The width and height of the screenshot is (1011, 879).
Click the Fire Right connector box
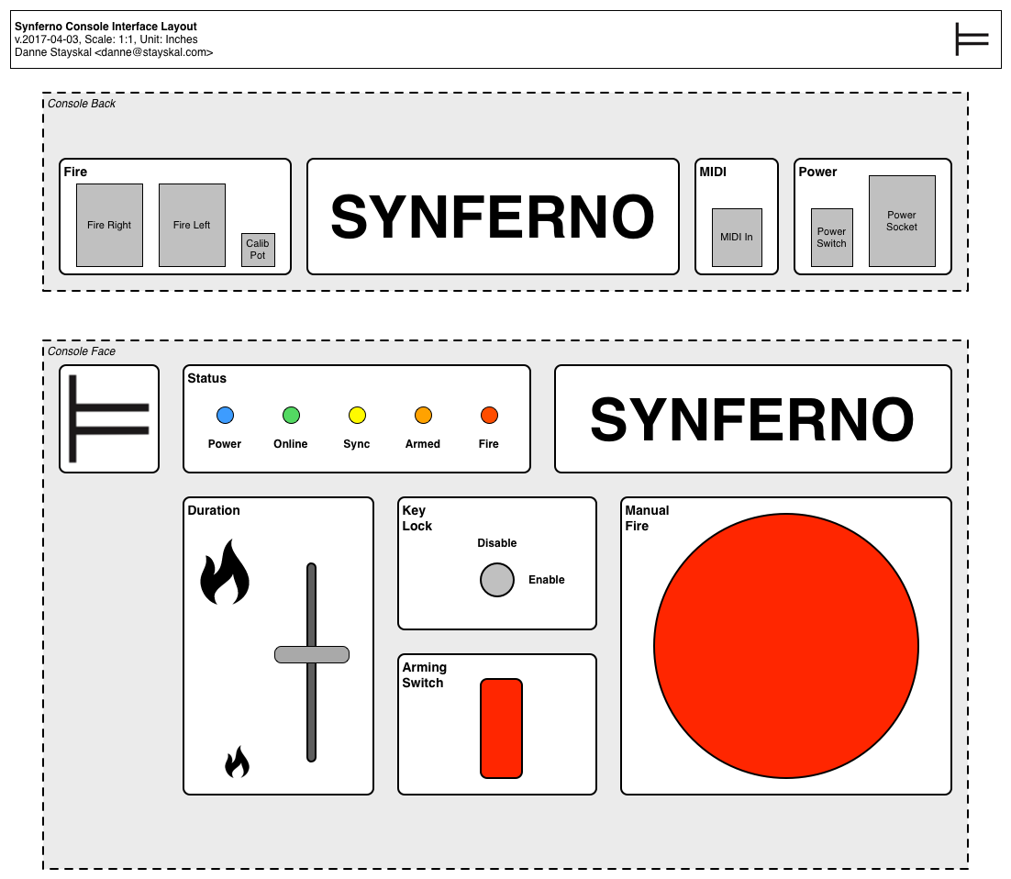click(109, 225)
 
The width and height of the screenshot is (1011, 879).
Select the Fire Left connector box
click(192, 225)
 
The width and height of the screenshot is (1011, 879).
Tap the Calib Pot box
click(258, 250)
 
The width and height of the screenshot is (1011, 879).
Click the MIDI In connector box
click(737, 237)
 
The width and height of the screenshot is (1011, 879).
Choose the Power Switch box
click(832, 237)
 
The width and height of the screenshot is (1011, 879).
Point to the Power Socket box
click(902, 221)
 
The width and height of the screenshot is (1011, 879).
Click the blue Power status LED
click(225, 416)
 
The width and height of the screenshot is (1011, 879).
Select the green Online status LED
click(291, 416)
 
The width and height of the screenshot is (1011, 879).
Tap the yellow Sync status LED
click(357, 416)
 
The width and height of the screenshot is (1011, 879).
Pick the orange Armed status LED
click(423, 416)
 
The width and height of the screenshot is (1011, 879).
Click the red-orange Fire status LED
click(489, 416)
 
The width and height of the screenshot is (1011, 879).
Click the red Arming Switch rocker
click(501, 729)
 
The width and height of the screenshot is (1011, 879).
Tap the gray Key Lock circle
click(497, 580)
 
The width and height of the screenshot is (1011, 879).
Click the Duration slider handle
click(312, 654)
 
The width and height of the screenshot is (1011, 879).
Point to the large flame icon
click(225, 573)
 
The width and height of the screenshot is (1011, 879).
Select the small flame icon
click(237, 762)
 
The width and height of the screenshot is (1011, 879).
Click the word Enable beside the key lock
click(547, 580)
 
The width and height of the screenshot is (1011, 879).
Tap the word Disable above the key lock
click(497, 543)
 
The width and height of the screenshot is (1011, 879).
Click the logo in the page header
click(972, 39)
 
